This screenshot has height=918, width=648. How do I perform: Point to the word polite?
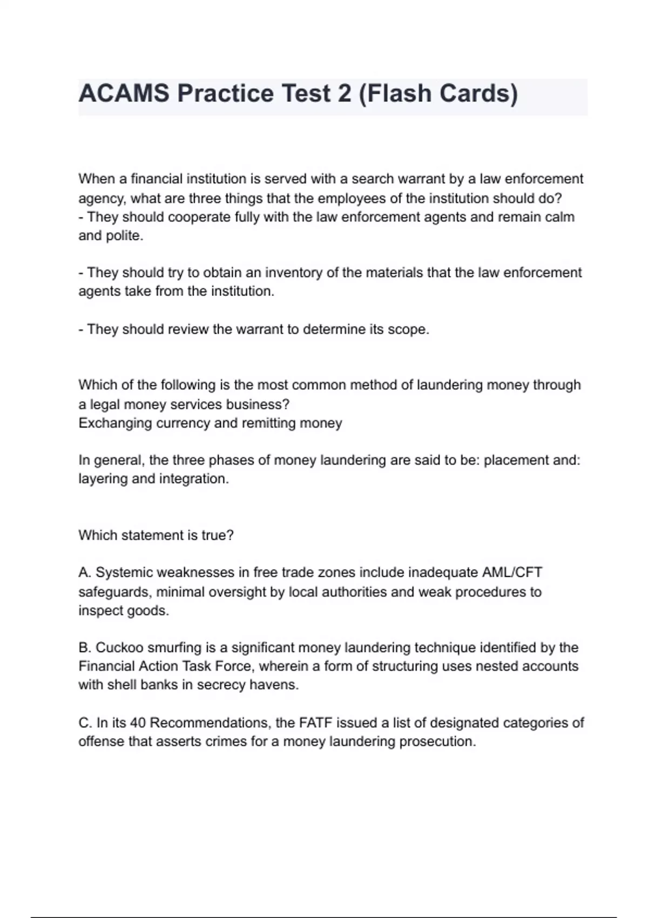coord(125,236)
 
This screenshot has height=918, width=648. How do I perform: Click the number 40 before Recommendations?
coord(138,723)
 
